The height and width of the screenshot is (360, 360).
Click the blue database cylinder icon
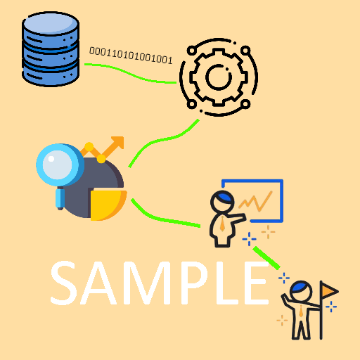click(x=51, y=49)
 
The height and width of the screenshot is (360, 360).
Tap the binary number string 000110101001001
click(x=131, y=56)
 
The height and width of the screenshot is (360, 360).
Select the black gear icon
click(x=219, y=77)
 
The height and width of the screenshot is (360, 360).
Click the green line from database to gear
click(x=130, y=74)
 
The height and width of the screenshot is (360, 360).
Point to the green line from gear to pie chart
click(x=164, y=140)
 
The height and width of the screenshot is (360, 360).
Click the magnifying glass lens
click(x=58, y=165)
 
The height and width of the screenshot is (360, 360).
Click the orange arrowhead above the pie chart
click(x=118, y=142)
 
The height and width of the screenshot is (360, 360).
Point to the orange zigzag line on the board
click(x=255, y=201)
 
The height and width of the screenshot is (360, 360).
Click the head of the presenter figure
click(x=222, y=202)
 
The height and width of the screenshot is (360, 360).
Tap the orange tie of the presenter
click(x=222, y=224)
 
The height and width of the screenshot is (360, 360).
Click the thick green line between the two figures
click(x=266, y=258)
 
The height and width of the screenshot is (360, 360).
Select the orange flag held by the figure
click(x=330, y=291)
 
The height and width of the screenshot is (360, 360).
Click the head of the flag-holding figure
click(x=301, y=291)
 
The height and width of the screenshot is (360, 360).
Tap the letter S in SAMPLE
click(x=63, y=283)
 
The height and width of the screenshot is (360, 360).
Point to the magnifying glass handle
click(x=60, y=199)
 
